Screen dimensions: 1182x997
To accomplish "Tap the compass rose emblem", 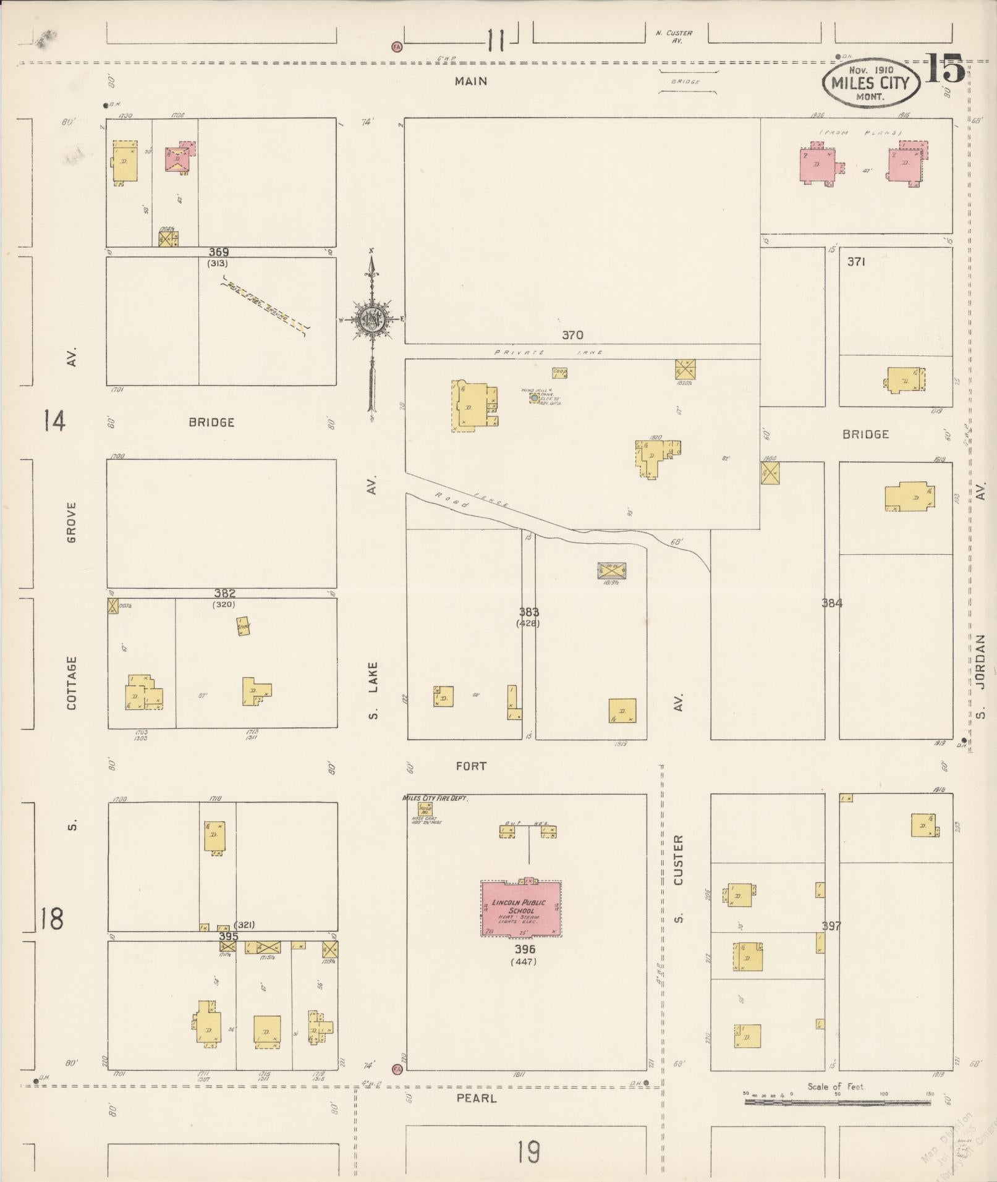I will coord(371,319).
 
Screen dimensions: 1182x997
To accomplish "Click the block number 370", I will coord(572,336).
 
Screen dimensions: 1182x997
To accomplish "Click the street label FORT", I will coord(471,766).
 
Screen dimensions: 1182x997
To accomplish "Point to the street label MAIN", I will coord(471,81).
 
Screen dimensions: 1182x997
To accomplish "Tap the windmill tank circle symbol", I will coord(534,398).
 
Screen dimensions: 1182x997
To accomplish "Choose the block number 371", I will coord(855,262).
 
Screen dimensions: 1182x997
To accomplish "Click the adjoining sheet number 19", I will coord(529,1151).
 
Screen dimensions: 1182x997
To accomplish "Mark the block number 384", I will coord(832,603).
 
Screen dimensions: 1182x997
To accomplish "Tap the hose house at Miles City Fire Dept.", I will coord(425,810).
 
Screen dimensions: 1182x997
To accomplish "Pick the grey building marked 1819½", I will coord(612,570).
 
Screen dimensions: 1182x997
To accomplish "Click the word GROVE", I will coord(72,522).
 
